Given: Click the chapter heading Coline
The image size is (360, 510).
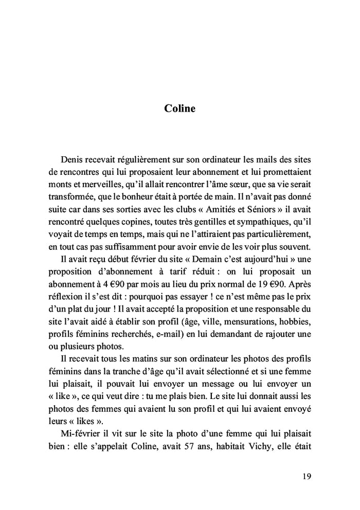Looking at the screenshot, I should tap(180, 108).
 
